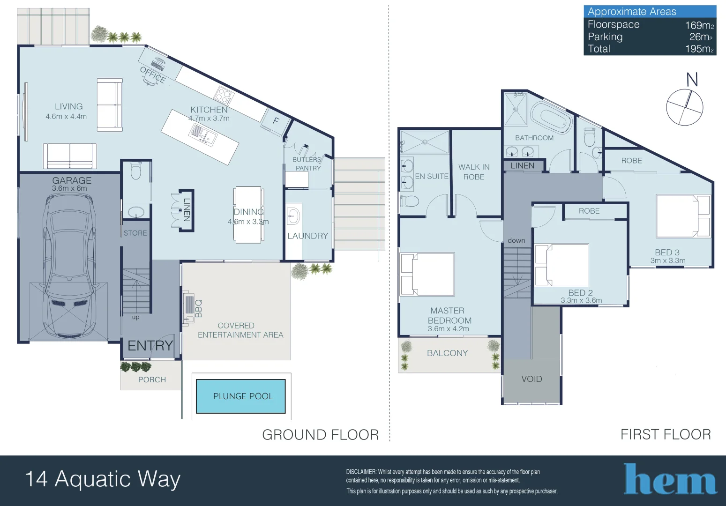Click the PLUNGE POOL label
[x=243, y=396]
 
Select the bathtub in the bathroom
[x=551, y=118]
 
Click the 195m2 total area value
[x=699, y=49]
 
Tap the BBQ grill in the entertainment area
[x=188, y=308]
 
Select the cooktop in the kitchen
[x=224, y=96]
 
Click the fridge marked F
[x=275, y=120]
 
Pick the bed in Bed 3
[x=683, y=216]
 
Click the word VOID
[x=531, y=379]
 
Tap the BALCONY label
[x=447, y=353]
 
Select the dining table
[x=248, y=215]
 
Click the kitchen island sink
[x=203, y=134]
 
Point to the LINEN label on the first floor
[x=523, y=165]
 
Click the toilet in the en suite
[x=409, y=201]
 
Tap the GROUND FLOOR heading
[x=320, y=435]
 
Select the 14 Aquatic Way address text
[x=103, y=479]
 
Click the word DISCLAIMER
[x=361, y=472]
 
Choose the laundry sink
[x=294, y=215]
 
